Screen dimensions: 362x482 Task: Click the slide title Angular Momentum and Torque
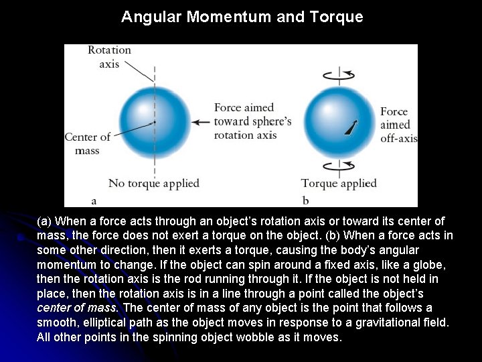pyautogui.click(x=242, y=17)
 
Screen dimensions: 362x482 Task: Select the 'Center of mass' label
pyautogui.click(x=87, y=143)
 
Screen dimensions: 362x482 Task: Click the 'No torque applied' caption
pyautogui.click(x=153, y=183)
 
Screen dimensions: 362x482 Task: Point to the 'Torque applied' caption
pyautogui.click(x=339, y=183)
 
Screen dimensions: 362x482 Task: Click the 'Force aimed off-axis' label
pyautogui.click(x=398, y=125)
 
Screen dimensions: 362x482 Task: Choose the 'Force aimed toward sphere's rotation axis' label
pyautogui.click(x=252, y=121)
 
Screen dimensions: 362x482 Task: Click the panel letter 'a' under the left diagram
pyautogui.click(x=94, y=200)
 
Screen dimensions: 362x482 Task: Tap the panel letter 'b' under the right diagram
pyautogui.click(x=305, y=200)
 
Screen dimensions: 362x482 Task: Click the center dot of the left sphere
pyautogui.click(x=155, y=122)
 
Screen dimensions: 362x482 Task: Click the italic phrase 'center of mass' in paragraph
pyautogui.click(x=77, y=308)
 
